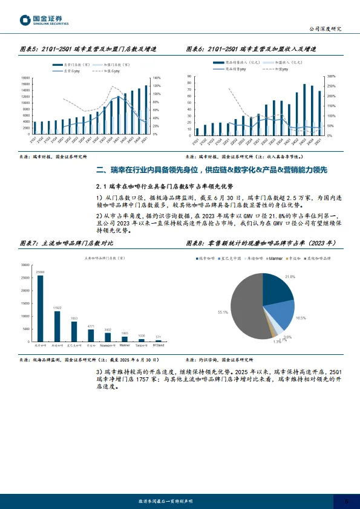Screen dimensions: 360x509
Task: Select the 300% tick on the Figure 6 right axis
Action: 331,77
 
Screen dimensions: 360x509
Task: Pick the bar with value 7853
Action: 74,331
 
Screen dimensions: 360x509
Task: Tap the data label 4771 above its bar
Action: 91,326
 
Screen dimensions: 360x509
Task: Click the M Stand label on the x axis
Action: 159,345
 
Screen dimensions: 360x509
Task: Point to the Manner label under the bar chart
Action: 124,345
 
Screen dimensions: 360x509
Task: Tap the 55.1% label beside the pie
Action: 222,313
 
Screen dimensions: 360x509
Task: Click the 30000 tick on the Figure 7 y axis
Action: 25,265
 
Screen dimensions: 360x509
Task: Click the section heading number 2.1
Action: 102,186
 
